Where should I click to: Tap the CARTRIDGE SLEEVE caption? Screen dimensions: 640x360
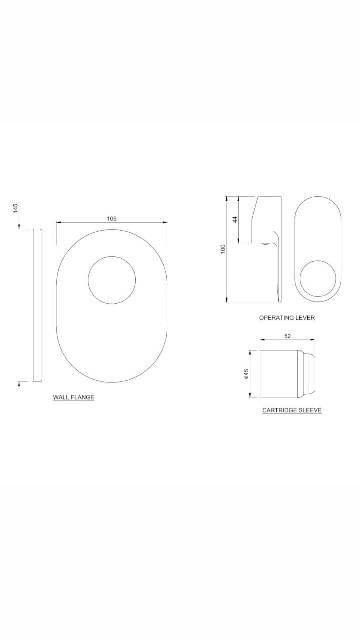pos(291,410)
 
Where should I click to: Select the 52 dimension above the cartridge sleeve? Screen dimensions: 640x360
pos(286,336)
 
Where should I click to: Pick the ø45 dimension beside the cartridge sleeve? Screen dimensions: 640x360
pos(246,373)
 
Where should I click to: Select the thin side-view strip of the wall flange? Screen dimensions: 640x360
pos(37,305)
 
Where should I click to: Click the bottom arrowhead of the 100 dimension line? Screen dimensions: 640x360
pos(229,302)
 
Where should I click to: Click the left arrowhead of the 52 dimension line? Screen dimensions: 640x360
pos(260,342)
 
